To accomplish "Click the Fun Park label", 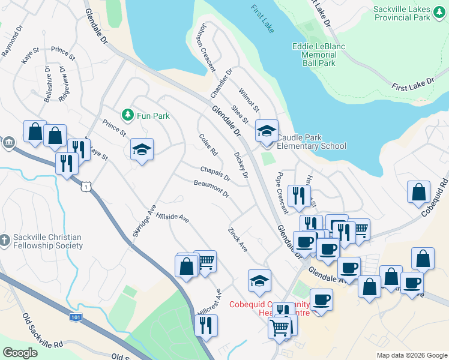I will [152, 116].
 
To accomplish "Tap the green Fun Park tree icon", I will [127, 114].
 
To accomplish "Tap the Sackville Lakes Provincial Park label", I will [410, 14].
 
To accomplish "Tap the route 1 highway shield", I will [87, 188].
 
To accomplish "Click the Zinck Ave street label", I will [237, 239].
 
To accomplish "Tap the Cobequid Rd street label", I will [435, 196].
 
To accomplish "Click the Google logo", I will [20, 353].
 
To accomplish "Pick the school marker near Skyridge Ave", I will [142, 149].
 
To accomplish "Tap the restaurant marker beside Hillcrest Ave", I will [206, 325].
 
